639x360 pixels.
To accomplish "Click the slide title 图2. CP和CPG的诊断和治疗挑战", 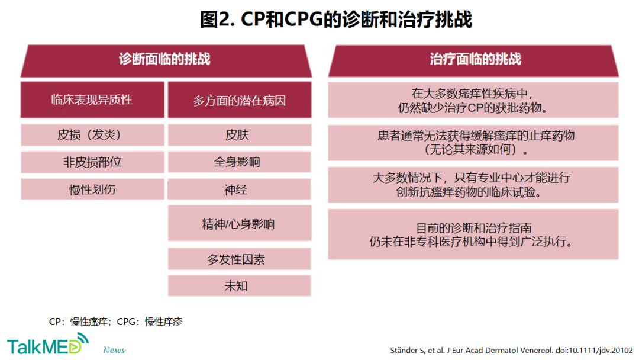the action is (x=336, y=20).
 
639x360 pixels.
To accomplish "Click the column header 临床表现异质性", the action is (x=92, y=100).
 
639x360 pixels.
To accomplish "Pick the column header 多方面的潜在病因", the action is (x=240, y=100).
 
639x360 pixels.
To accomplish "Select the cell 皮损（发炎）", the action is (x=92, y=135).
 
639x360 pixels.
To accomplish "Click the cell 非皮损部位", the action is (x=92, y=162).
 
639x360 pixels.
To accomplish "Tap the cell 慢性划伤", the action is (x=92, y=189).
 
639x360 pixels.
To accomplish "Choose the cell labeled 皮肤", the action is (x=240, y=135).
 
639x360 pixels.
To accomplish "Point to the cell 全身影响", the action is (x=240, y=162).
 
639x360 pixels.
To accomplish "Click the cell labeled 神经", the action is (x=240, y=189).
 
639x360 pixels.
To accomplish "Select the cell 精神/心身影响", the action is (x=240, y=223).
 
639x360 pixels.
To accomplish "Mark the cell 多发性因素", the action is (x=240, y=259).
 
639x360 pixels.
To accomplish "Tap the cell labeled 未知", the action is (x=240, y=285).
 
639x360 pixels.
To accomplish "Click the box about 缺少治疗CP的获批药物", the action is (x=473, y=100).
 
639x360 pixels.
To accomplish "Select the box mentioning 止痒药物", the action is (x=473, y=143).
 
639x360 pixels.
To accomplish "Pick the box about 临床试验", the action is (x=473, y=185).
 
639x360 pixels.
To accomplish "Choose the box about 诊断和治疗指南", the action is (x=473, y=234).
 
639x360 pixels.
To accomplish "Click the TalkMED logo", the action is (x=48, y=344).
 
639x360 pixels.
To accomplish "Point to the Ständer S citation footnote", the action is (x=511, y=350).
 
